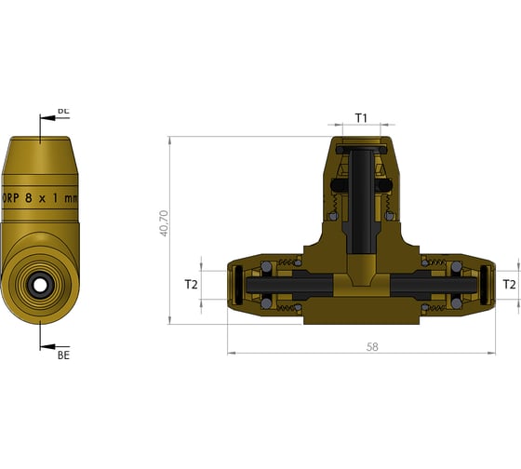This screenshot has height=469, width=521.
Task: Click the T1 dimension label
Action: coord(362,118)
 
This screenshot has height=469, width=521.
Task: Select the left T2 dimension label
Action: coord(192,284)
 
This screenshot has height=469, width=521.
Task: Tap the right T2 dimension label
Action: coord(509,284)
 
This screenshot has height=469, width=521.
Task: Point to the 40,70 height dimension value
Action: coord(165,224)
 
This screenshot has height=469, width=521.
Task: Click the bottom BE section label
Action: coord(63,355)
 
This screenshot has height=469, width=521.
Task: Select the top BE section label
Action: coord(63,111)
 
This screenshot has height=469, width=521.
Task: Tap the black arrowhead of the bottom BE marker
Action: coord(47,346)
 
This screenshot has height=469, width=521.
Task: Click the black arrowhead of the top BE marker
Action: coord(47,119)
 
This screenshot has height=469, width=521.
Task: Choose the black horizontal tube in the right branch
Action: coord(419,284)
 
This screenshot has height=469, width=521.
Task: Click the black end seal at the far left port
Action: coord(236,284)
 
